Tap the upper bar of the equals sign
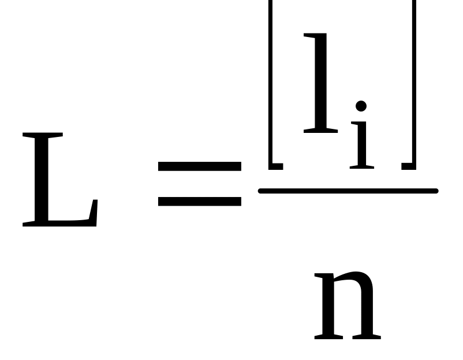[x=199, y=166]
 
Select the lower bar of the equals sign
[x=199, y=201]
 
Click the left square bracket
[x=271, y=87]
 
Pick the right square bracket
[x=412, y=87]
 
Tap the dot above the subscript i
[x=361, y=106]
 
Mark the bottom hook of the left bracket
[x=276, y=166]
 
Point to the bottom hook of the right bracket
[x=408, y=166]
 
